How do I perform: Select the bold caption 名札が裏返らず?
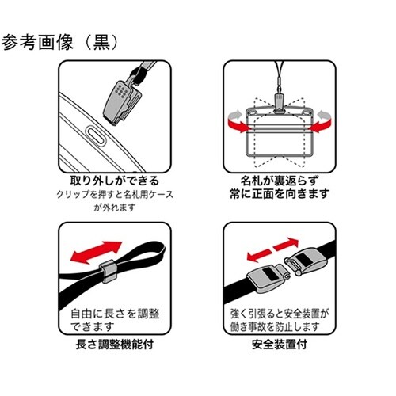(275, 180)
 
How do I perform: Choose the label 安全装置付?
(279, 345)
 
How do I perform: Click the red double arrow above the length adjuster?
(93, 252)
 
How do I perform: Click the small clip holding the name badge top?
(277, 101)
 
